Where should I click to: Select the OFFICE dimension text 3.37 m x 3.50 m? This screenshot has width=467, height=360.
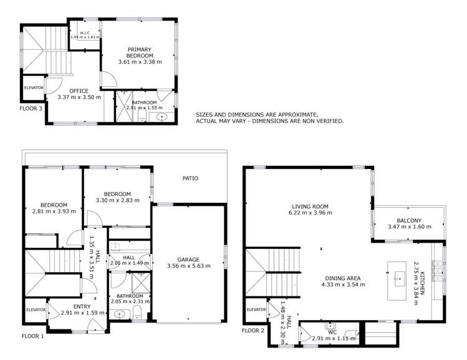[79, 97]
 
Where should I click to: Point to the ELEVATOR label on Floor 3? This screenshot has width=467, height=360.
[34, 87]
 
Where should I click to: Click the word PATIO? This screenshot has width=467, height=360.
[190, 178]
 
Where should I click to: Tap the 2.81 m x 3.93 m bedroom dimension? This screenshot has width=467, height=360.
[53, 212]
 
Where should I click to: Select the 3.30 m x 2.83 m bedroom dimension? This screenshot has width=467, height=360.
[117, 200]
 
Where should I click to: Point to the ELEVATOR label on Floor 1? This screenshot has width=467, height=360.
[36, 309]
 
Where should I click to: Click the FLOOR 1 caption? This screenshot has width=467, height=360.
[33, 336]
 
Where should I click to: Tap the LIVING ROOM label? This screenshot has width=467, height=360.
[310, 206]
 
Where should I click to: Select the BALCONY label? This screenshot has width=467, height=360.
[409, 220]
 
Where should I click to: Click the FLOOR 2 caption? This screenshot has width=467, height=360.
[254, 330]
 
